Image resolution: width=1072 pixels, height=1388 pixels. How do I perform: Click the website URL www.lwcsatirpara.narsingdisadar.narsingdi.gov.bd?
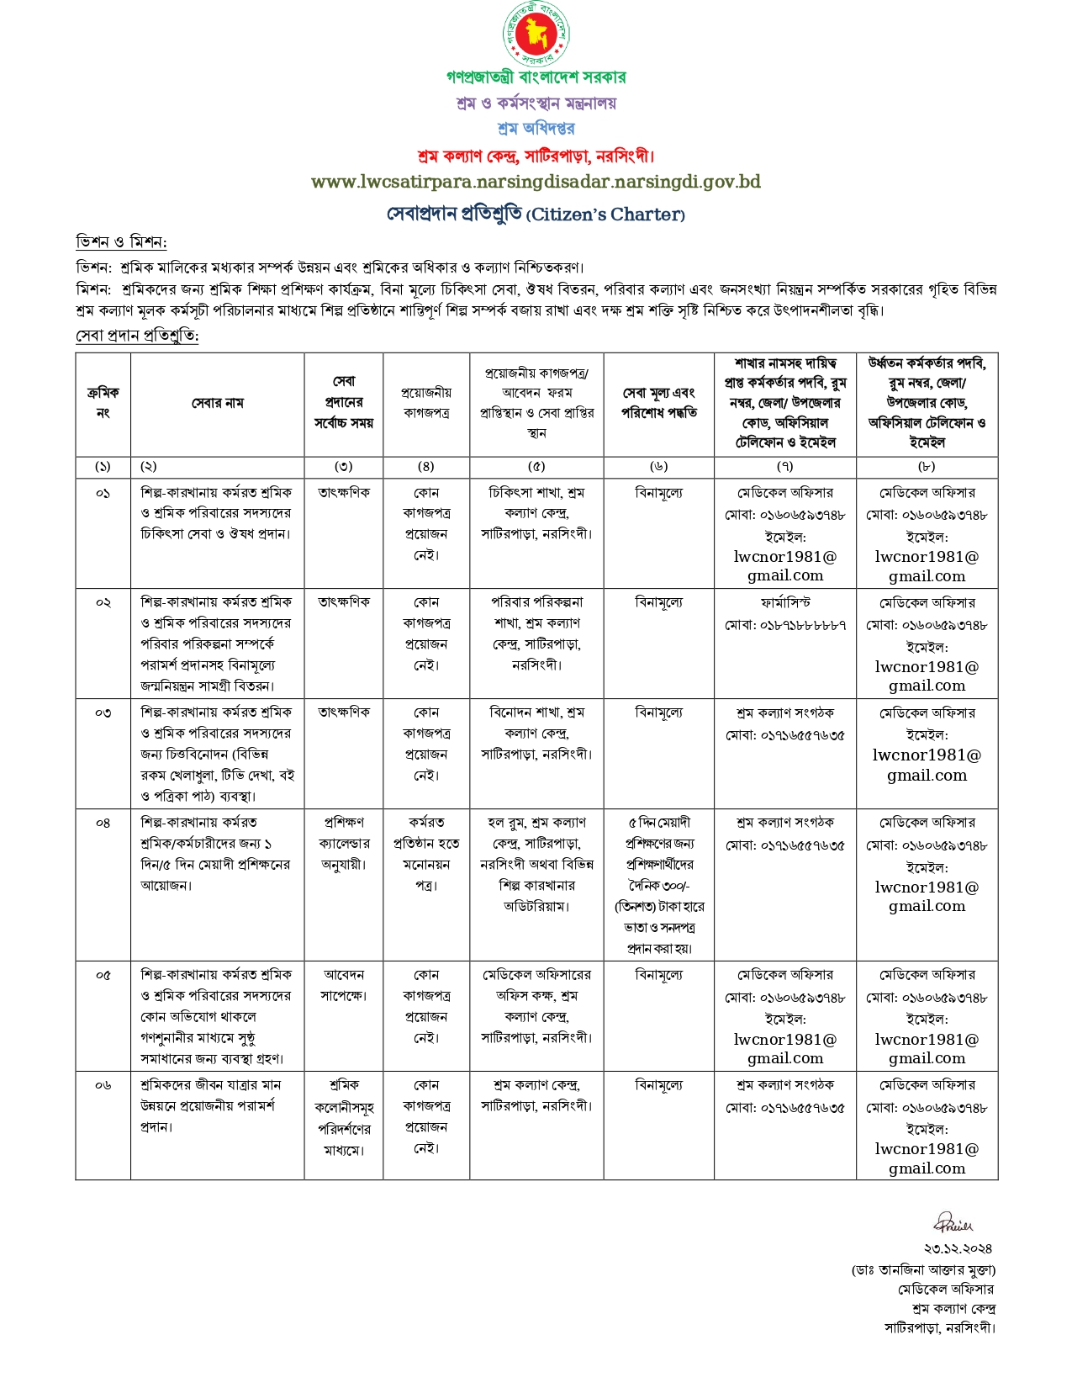coord(536,182)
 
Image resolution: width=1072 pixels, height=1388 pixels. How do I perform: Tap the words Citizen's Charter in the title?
coord(605,215)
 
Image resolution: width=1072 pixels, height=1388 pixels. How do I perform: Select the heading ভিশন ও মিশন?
coord(121,242)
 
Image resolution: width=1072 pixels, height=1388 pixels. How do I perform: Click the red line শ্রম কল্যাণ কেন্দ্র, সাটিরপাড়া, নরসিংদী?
coord(536,156)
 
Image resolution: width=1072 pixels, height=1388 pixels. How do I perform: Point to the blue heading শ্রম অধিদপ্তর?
coord(536,129)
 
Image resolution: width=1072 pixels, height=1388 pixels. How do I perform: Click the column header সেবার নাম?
coord(217,404)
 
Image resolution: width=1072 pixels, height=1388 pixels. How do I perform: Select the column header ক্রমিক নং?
coord(103,403)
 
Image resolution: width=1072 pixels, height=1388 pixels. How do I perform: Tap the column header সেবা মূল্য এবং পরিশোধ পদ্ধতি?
coord(658,403)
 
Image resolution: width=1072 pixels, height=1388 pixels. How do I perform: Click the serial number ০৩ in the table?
coord(103,713)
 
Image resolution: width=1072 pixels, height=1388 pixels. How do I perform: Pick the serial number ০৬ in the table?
coord(103,1085)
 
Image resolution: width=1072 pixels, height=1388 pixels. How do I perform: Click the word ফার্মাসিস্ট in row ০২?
coord(784,603)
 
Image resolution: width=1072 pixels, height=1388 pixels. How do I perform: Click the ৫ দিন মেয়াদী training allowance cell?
coord(658,885)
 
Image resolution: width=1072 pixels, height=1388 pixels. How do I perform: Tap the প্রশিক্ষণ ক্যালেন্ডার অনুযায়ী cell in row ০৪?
coord(343,843)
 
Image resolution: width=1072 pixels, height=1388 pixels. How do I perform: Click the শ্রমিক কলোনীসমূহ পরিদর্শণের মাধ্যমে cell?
coord(343,1117)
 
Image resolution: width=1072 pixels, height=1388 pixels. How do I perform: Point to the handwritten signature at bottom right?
coord(953,1222)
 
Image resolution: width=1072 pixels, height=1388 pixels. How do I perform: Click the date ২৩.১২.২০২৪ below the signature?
coord(958,1248)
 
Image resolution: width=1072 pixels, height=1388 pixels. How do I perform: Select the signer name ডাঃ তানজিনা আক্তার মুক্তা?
coord(923,1269)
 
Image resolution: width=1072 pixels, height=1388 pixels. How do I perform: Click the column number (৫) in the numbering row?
coord(536,466)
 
